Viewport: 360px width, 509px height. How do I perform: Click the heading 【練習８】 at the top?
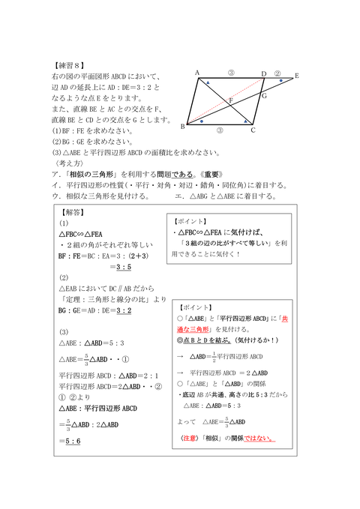pos(71,66)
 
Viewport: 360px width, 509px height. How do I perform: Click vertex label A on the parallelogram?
pos(196,73)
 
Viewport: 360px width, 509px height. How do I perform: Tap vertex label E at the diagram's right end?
pos(297,76)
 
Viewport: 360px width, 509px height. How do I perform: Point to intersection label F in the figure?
pos(231,100)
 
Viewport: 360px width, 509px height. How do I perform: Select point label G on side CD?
pos(263,96)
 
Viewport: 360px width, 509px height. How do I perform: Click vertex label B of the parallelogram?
pos(182,127)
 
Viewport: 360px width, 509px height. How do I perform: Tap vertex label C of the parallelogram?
pos(253,130)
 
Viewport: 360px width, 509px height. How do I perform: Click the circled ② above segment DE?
pos(277,73)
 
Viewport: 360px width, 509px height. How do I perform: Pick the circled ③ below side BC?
pos(219,130)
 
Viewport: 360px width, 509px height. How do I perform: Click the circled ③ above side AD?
pos(231,73)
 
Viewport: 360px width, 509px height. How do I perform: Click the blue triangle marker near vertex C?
pos(245,120)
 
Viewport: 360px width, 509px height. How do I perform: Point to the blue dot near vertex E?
pos(280,80)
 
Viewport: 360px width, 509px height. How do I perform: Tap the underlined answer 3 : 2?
pos(121,309)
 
